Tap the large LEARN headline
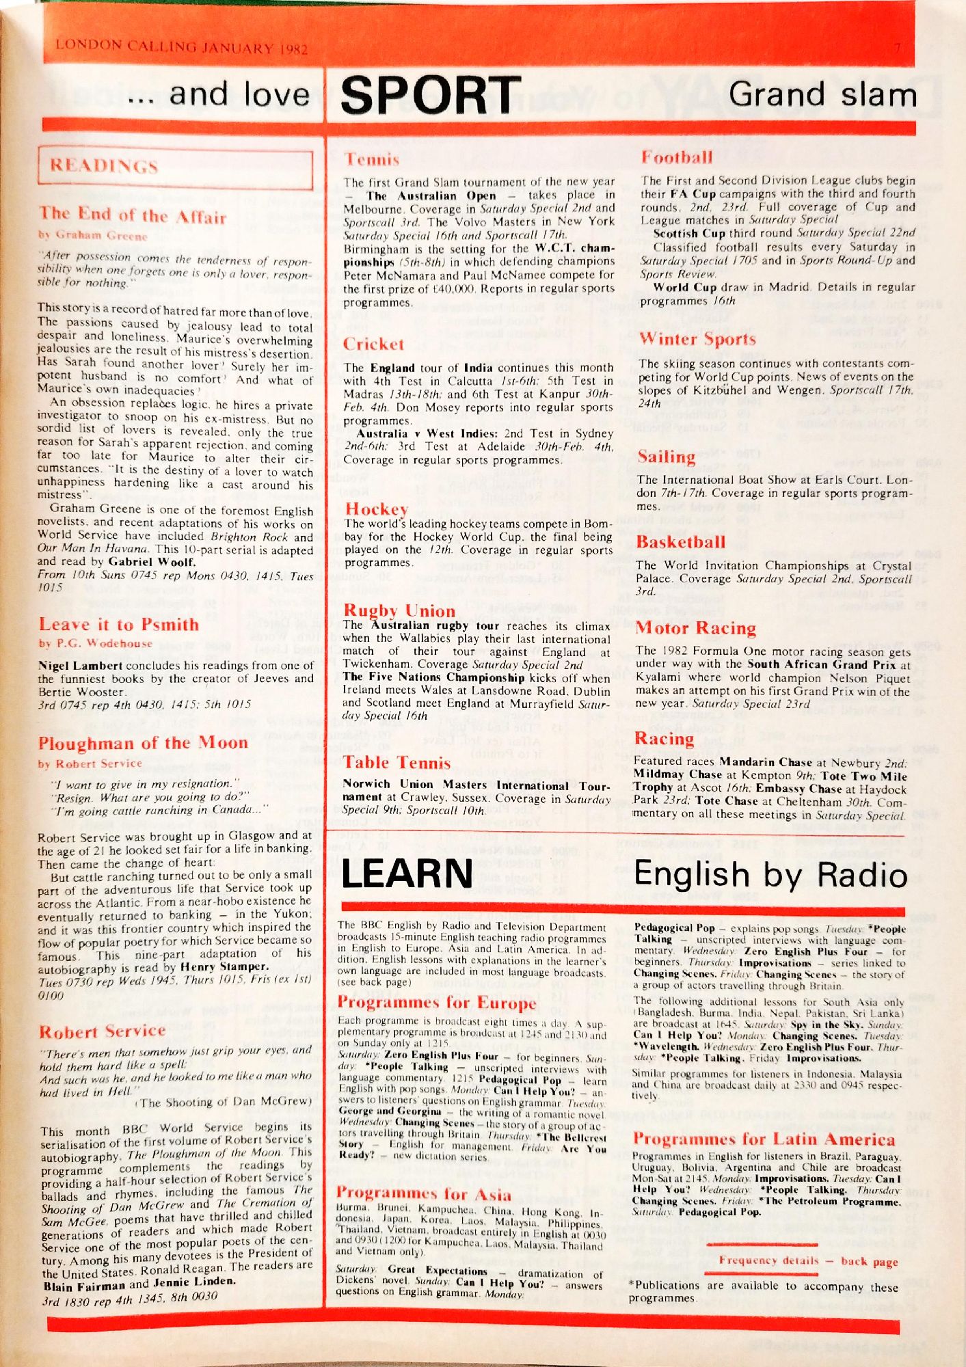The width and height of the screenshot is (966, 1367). tap(407, 874)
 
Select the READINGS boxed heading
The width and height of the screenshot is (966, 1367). tap(104, 166)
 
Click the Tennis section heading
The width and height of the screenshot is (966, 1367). tap(371, 160)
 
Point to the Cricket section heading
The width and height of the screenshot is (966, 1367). tap(373, 344)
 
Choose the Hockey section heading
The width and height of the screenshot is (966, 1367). tap(376, 509)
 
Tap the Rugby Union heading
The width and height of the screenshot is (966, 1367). tap(399, 610)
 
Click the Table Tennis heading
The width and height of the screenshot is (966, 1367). tap(397, 763)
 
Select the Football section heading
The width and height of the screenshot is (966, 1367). tap(676, 158)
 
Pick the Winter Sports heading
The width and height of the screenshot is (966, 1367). tap(697, 339)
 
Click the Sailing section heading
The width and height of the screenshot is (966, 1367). tap(666, 457)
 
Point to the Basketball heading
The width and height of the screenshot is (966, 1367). tap(680, 542)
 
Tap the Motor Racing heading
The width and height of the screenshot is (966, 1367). tap(695, 628)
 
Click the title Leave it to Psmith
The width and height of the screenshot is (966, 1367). tap(119, 625)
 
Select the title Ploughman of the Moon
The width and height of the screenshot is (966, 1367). tap(143, 743)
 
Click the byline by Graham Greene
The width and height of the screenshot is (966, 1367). tap(92, 235)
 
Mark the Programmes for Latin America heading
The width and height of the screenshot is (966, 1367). tap(763, 1139)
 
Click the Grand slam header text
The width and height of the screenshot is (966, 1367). tap(822, 94)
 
